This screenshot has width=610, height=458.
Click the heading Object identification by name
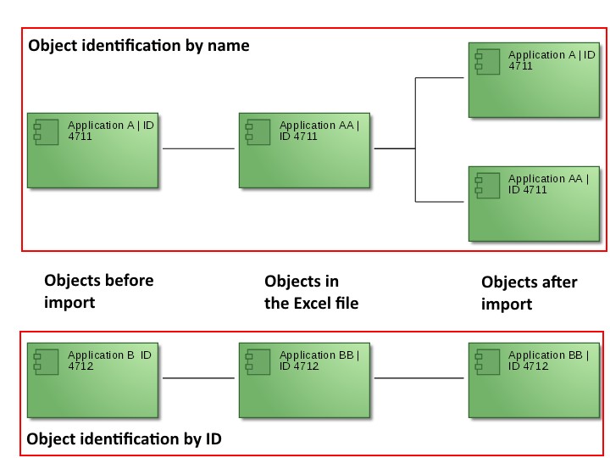pos(139,46)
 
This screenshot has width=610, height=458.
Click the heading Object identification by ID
pos(124,438)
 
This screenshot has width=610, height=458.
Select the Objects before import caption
pos(98,291)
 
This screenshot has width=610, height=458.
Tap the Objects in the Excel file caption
pos(311,292)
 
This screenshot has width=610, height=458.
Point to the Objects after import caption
pos(529,293)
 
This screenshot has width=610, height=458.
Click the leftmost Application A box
pos(92,150)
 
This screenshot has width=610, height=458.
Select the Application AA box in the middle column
pos(304,150)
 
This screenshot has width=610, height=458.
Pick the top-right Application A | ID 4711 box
pos(534,80)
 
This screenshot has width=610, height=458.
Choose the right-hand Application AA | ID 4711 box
pos(534,204)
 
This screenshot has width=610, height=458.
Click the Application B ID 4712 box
pos(92,380)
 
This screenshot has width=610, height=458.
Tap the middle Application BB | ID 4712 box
pos(304,380)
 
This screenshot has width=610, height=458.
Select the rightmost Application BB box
pos(534,380)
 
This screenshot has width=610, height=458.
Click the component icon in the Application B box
pos(46,361)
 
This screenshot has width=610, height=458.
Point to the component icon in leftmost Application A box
pos(46,131)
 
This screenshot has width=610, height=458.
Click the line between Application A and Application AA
pos(198,148)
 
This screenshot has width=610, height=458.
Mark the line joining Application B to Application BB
pos(198,378)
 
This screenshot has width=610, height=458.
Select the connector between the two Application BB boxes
pos(419,378)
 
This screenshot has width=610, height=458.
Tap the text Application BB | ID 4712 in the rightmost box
pos(540,360)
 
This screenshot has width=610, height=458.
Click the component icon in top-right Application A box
pos(487,61)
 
